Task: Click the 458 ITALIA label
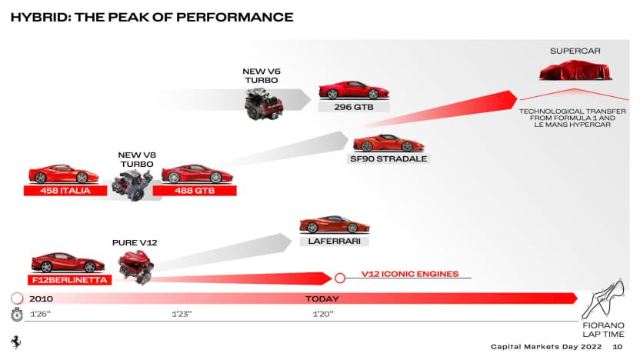click(65, 191)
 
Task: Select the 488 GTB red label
click(195, 191)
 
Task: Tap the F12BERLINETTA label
click(70, 280)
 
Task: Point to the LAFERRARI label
click(335, 242)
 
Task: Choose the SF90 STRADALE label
click(388, 158)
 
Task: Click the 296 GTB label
click(354, 107)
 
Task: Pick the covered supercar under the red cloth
click(575, 70)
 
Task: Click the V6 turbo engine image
click(263, 104)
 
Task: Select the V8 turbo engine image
click(132, 185)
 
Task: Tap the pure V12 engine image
click(136, 268)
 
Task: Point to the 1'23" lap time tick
click(182, 314)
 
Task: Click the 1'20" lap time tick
click(323, 314)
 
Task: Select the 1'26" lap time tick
click(40, 314)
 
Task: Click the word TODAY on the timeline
click(322, 298)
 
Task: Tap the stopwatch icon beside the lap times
click(17, 315)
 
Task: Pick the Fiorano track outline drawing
click(603, 298)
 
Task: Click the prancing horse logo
click(16, 342)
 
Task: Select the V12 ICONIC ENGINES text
click(410, 274)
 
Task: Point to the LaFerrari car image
click(335, 224)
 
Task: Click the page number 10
click(618, 346)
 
